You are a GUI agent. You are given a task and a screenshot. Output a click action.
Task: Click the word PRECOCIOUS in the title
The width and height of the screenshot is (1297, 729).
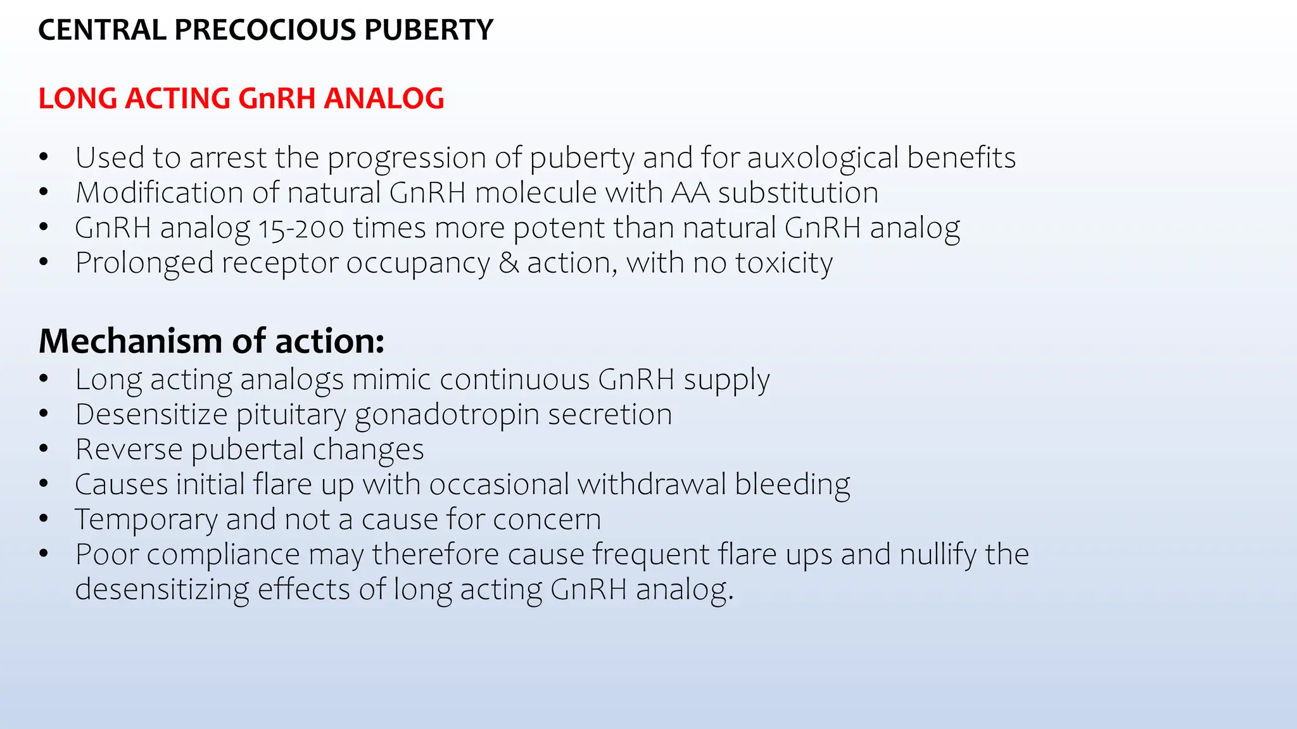tap(265, 30)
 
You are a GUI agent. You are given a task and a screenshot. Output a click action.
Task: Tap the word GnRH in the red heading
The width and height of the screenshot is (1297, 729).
tap(276, 99)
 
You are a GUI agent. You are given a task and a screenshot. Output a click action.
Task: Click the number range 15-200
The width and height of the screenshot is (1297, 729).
tap(301, 228)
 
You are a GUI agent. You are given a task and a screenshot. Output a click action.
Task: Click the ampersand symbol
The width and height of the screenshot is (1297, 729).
tap(509, 263)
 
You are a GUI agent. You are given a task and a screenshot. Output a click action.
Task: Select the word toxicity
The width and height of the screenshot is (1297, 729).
tap(784, 263)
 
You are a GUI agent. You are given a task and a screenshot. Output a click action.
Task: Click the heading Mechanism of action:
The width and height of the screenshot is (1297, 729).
tap(212, 341)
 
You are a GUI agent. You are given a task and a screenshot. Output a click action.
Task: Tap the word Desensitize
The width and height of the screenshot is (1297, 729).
tap(151, 414)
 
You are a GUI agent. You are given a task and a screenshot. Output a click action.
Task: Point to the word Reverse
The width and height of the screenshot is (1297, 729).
tap(129, 449)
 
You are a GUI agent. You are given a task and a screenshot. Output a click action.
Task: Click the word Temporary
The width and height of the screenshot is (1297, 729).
tap(146, 520)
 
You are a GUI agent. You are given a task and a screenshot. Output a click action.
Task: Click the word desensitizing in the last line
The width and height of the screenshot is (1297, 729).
tap(161, 589)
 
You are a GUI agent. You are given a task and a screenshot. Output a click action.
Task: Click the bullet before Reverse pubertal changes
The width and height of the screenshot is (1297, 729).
tap(43, 449)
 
